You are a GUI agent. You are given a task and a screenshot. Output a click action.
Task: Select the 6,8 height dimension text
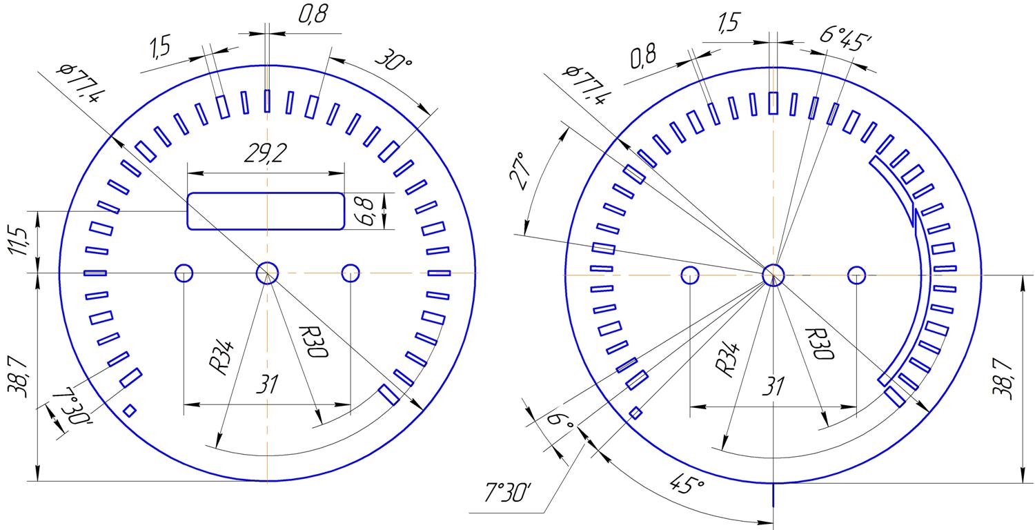[367, 212]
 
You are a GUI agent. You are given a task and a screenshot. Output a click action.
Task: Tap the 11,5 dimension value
[19, 241]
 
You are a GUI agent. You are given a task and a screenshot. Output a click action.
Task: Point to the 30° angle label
[393, 59]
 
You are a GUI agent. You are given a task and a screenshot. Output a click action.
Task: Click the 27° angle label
[521, 170]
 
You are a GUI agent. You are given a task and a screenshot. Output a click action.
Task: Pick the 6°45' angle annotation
[845, 38]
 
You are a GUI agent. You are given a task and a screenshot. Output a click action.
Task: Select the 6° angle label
[560, 421]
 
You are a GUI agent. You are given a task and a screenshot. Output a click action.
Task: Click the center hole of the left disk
[267, 273]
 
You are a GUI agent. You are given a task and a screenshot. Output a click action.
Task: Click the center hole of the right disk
[773, 275]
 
